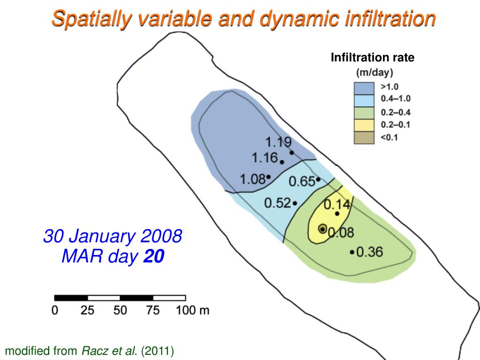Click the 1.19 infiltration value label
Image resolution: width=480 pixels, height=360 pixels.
pyautogui.click(x=278, y=142)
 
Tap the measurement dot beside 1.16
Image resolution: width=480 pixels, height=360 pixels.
pyautogui.click(x=282, y=162)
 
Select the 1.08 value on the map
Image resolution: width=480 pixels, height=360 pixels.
pyautogui.click(x=252, y=179)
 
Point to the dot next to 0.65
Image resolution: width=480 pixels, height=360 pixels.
pyautogui.click(x=318, y=179)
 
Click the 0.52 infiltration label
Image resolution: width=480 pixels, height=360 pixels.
pyautogui.click(x=277, y=203)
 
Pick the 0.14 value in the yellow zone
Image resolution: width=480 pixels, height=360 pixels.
pyautogui.click(x=337, y=204)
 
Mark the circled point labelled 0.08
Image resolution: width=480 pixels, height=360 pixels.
pyautogui.click(x=322, y=228)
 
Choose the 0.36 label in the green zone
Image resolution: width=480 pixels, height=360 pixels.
pyautogui.click(x=370, y=252)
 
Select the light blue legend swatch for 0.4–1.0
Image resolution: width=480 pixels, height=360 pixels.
pyautogui.click(x=364, y=100)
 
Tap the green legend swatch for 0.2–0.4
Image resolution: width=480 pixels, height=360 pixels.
pyautogui.click(x=364, y=113)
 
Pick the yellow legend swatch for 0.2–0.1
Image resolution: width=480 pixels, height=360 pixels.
pyautogui.click(x=364, y=125)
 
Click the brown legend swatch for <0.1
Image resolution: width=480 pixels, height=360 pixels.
pyautogui.click(x=364, y=137)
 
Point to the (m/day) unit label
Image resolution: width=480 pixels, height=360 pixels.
pyautogui.click(x=375, y=73)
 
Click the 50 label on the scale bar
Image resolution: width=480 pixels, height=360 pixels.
pyautogui.click(x=120, y=310)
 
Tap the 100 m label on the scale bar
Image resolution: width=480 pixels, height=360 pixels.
pyautogui.click(x=192, y=310)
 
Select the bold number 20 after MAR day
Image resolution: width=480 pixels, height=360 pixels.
pyautogui.click(x=154, y=256)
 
